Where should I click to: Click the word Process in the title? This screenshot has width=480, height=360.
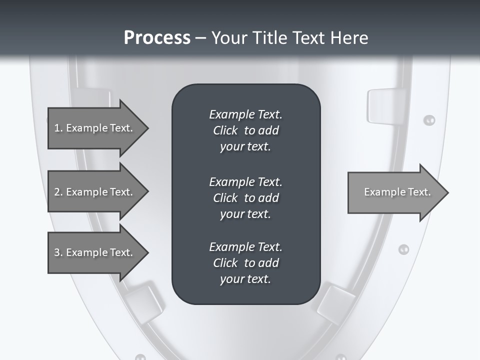(157, 37)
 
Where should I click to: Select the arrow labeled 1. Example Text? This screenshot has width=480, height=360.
(95, 128)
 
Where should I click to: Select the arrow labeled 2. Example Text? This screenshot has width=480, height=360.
(95, 192)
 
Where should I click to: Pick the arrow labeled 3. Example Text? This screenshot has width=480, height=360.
(95, 252)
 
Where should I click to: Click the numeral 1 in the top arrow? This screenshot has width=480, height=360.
(57, 128)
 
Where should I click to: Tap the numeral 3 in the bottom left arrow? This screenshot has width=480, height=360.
(57, 252)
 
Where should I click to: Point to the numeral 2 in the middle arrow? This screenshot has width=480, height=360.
(57, 192)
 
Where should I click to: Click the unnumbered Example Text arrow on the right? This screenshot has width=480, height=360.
(395, 192)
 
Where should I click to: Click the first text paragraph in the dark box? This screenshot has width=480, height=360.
(245, 130)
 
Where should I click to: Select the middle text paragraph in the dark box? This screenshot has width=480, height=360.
(245, 198)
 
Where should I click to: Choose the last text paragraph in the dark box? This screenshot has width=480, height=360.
(245, 263)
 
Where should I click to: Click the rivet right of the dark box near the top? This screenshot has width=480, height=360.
(429, 120)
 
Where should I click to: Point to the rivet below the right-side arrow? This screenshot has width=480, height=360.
(403, 249)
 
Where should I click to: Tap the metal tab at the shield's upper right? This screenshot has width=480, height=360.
(383, 105)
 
